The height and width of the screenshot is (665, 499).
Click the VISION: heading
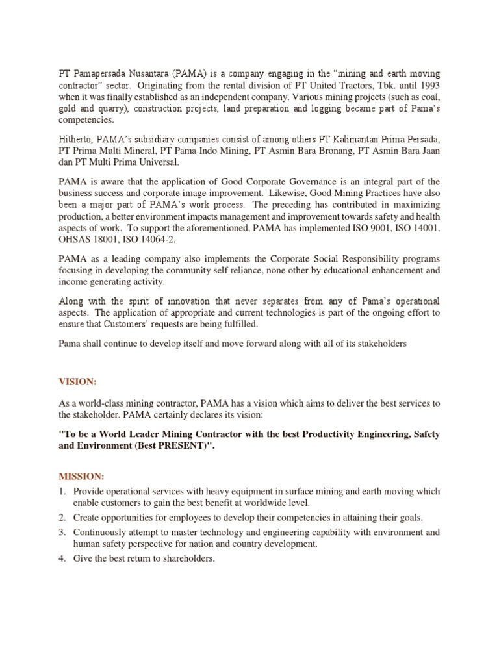tap(77, 383)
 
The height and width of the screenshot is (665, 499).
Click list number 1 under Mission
tap(62, 491)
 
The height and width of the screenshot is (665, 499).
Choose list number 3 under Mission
tap(62, 533)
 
